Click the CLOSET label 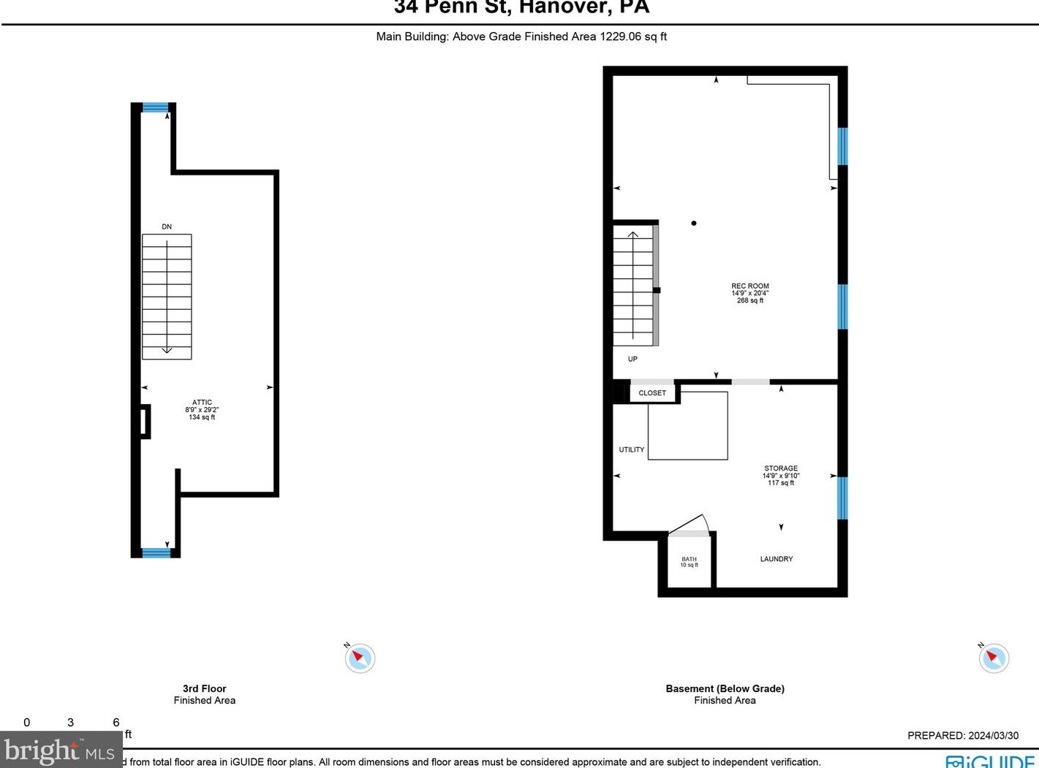652,393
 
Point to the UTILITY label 632,449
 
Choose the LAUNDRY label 776,559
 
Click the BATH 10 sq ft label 689,562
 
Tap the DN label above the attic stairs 167,227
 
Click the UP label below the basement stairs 632,359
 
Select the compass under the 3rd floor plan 360,658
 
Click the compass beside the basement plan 994,658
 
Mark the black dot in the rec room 694,223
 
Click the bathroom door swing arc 691,524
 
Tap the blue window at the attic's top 155,107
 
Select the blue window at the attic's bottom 156,552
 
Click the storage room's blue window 842,498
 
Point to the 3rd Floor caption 204,688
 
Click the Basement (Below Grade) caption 725,688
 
